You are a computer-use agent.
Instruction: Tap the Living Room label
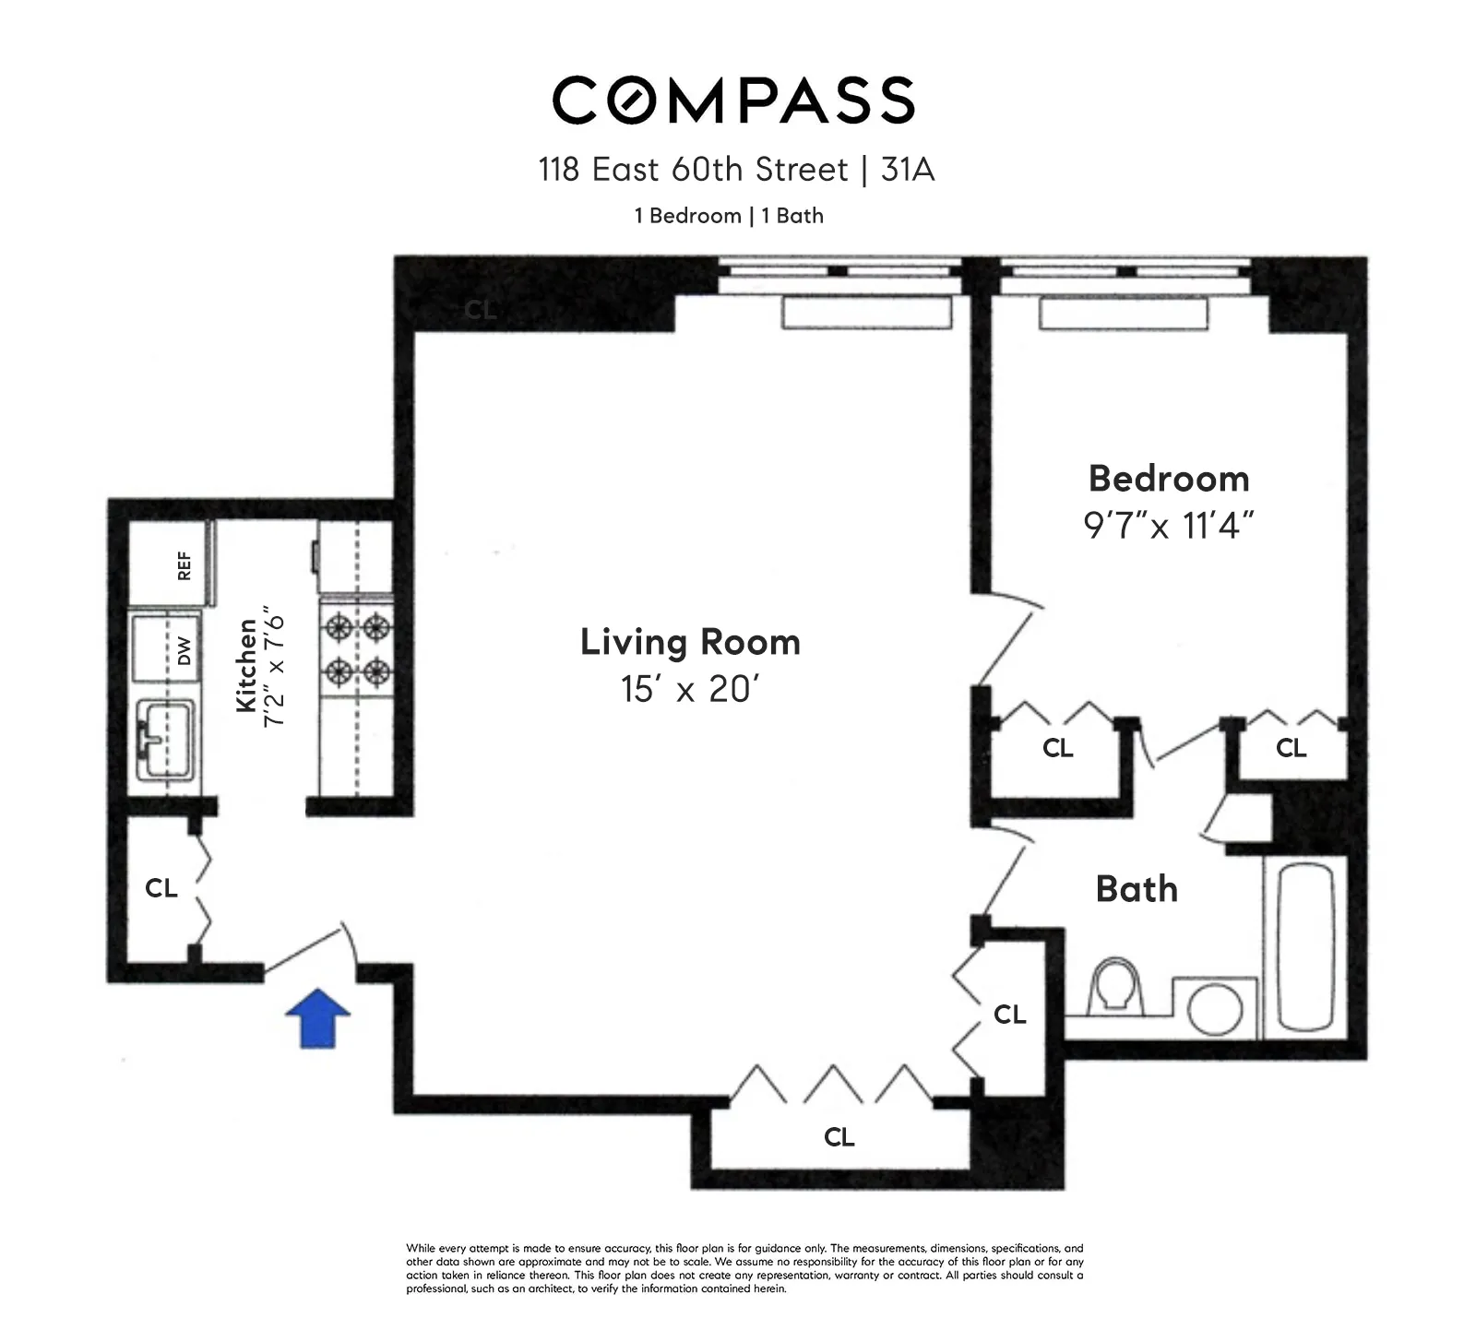[690, 642]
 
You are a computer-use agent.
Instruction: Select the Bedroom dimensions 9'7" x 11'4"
[1168, 526]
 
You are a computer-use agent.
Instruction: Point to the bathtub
[1305, 946]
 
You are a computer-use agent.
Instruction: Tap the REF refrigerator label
[184, 565]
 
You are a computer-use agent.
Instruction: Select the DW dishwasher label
[184, 651]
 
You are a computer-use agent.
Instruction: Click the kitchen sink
[166, 738]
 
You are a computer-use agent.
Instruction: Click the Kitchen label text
[245, 664]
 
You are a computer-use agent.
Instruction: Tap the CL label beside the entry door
[161, 888]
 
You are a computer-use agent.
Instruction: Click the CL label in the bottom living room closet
[839, 1137]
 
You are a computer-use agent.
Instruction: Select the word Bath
[1137, 889]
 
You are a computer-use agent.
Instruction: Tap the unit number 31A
[908, 170]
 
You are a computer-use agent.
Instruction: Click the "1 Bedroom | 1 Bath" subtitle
[729, 216]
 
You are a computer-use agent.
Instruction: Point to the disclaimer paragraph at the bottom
[744, 1268]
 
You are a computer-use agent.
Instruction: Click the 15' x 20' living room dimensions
[690, 689]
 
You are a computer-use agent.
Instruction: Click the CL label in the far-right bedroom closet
[1291, 748]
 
